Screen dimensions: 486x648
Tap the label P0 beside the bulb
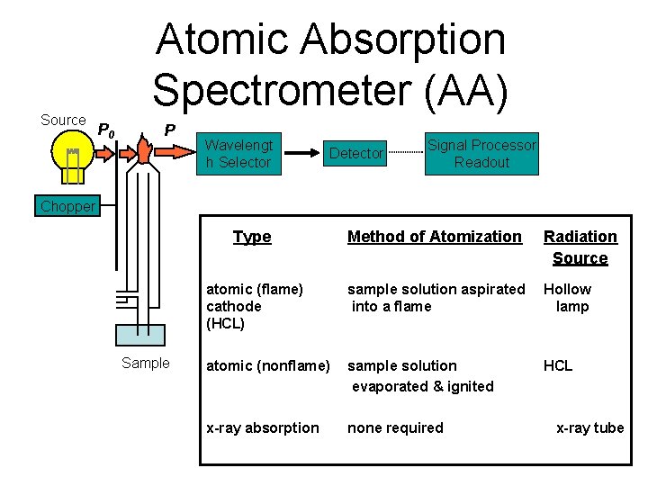[106, 131]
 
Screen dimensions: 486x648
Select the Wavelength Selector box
[238, 154]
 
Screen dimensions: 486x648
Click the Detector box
[356, 154]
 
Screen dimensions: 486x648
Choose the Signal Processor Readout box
[481, 154]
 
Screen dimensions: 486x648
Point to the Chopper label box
[67, 206]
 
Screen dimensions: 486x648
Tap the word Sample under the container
[146, 364]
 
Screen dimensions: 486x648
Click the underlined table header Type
[252, 237]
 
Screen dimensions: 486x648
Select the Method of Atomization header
[435, 237]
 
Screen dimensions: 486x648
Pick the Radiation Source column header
[580, 247]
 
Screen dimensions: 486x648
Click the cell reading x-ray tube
[589, 427]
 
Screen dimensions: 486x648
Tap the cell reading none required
[396, 427]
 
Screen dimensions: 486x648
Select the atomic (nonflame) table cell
[268, 365]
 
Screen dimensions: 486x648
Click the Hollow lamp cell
[568, 298]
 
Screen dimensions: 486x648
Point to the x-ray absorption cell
[263, 427]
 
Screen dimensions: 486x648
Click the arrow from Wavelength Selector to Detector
[301, 154]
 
